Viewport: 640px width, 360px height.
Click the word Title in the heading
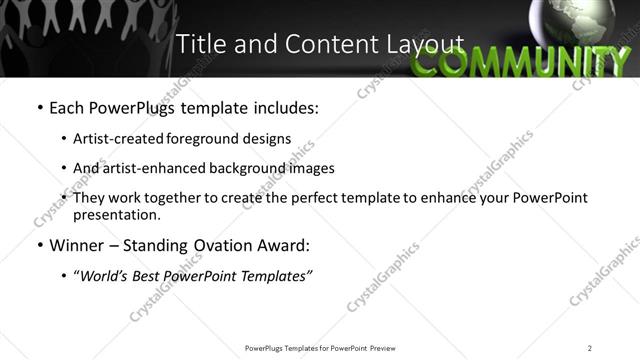pos(199,44)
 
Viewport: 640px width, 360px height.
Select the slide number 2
pos(590,348)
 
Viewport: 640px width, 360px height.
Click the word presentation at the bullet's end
pos(116,214)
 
